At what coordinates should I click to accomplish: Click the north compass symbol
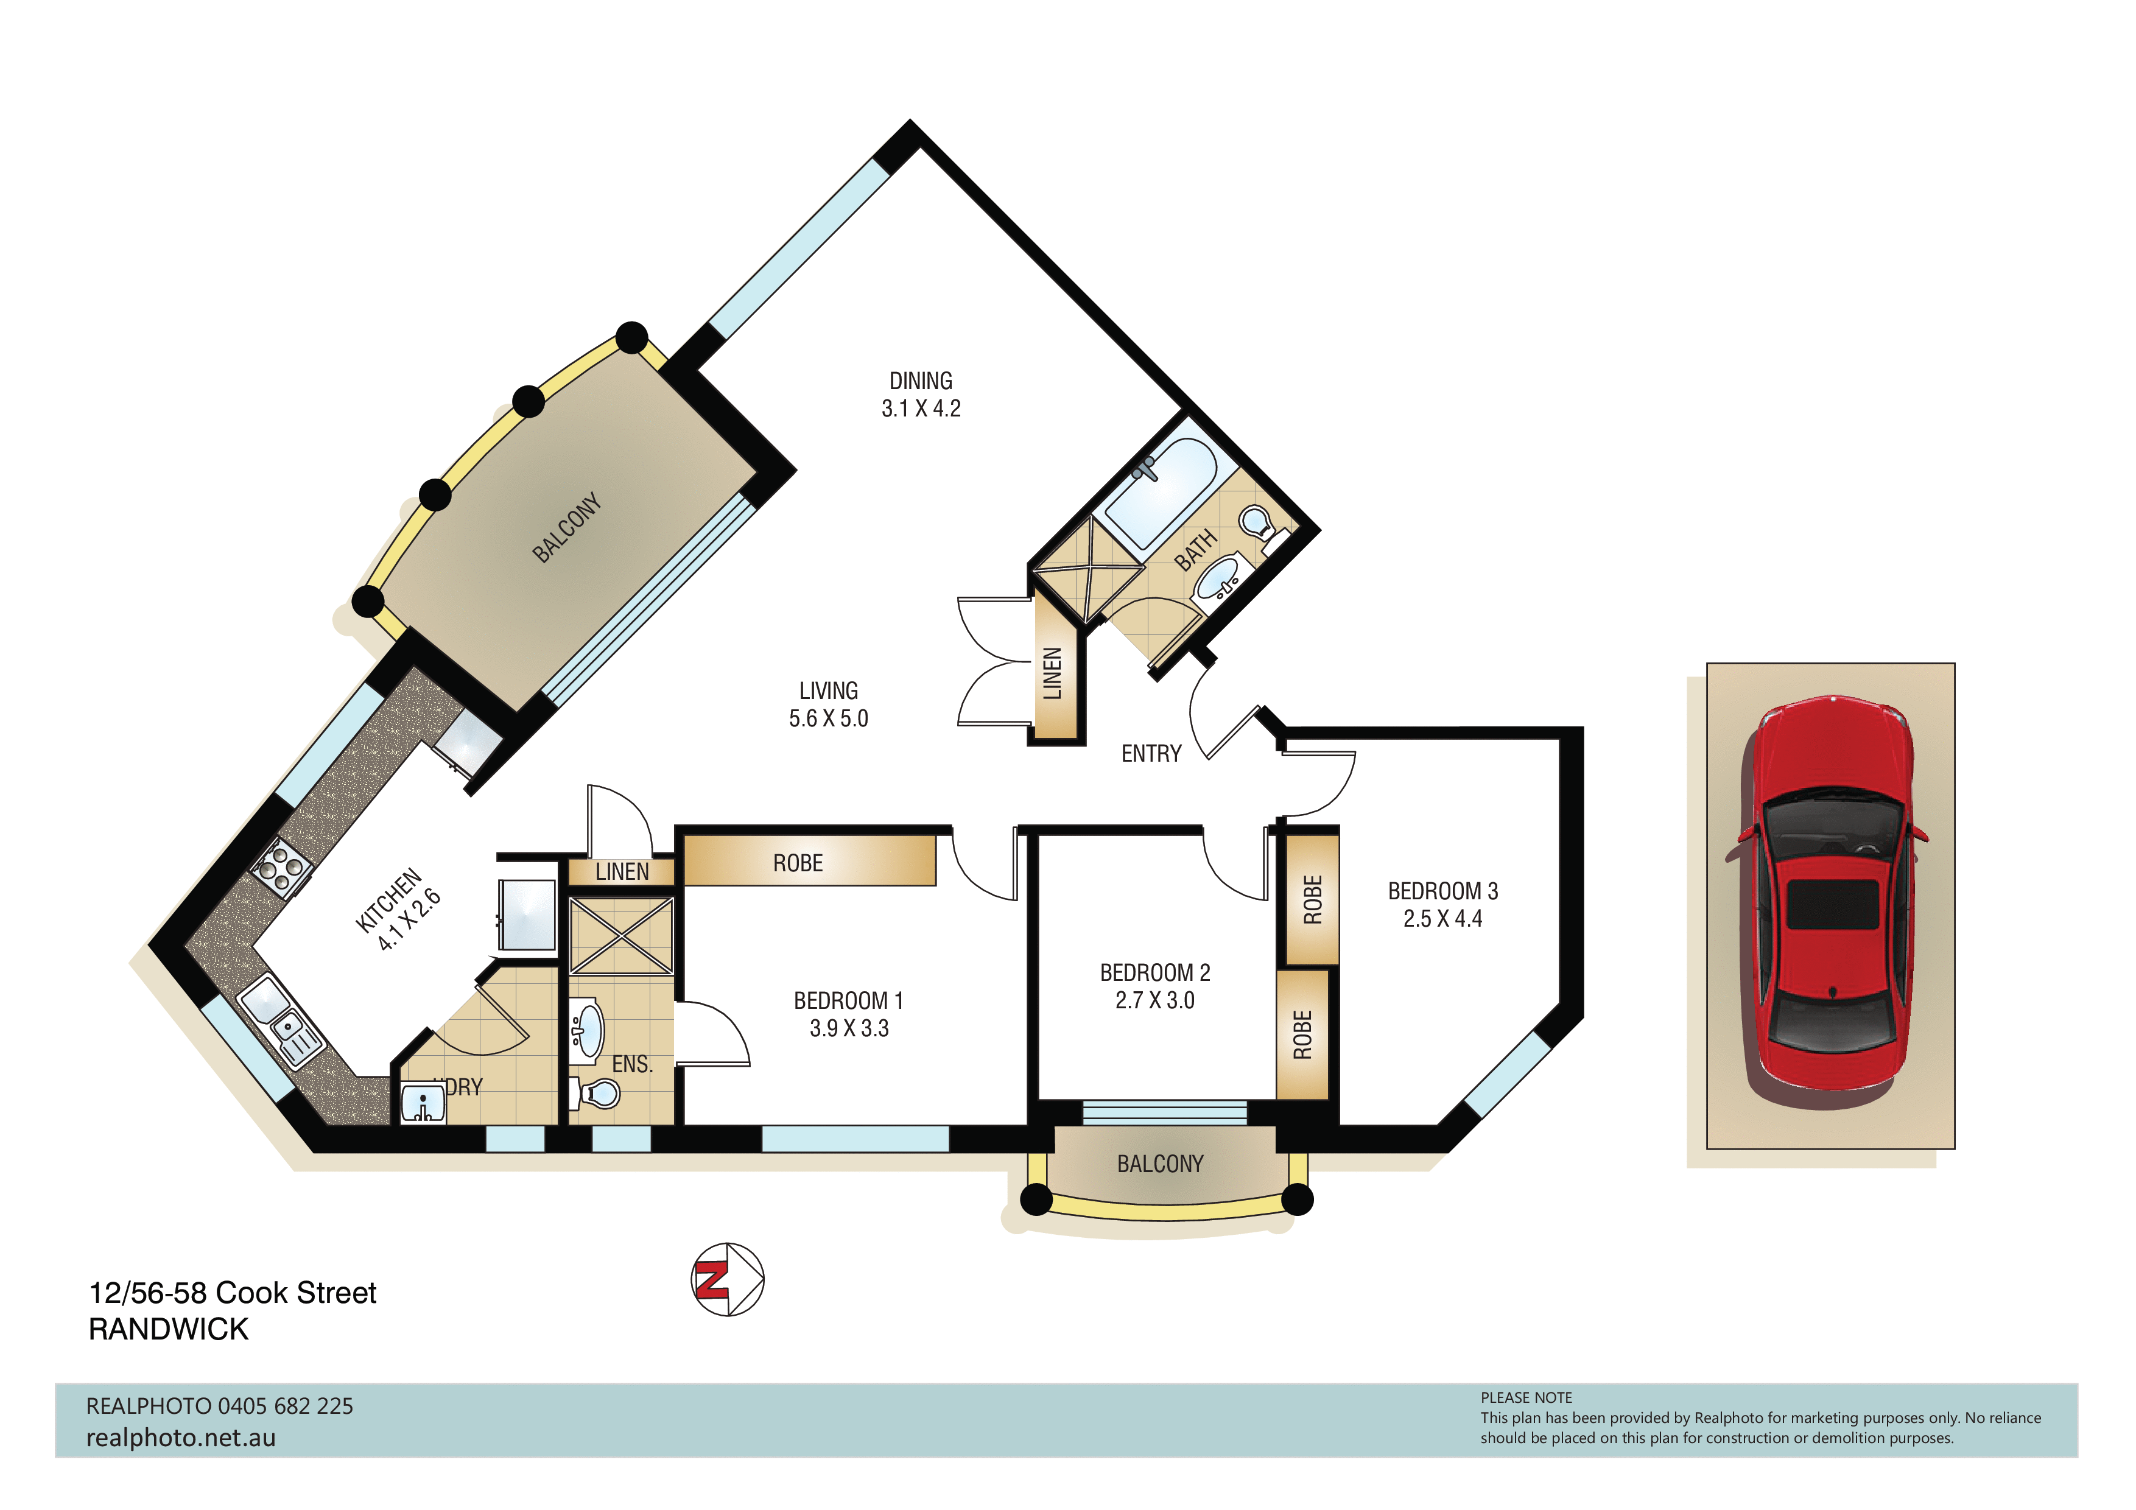point(728,1279)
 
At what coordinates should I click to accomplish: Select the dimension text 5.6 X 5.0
point(828,718)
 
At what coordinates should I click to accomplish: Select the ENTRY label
point(1151,754)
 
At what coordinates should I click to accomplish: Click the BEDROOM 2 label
point(1154,972)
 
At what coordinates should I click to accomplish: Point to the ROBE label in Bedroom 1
point(797,863)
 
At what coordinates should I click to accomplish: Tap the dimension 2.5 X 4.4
point(1442,918)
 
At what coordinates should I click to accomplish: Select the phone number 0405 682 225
point(286,1406)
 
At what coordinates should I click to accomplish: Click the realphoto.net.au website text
point(180,1438)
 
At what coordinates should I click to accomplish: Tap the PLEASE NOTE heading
point(1526,1397)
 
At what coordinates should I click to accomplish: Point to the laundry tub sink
point(423,1103)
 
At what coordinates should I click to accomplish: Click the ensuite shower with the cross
point(620,936)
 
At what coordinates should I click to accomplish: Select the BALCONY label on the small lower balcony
point(1160,1164)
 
